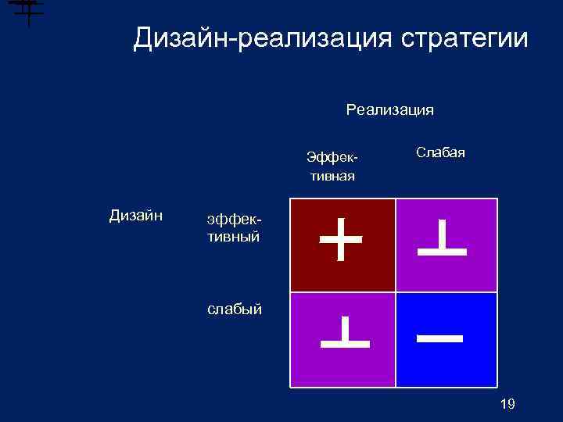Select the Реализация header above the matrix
[x=389, y=110]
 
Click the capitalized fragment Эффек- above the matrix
[x=332, y=159]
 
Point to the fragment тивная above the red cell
[x=332, y=176]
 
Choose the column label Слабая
[x=440, y=152]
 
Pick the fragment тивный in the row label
[x=233, y=236]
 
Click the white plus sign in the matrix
[x=342, y=239]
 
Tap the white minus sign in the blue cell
[x=440, y=339]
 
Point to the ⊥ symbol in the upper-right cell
[x=442, y=238]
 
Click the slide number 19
[x=507, y=403]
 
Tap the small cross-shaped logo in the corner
[x=27, y=11]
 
